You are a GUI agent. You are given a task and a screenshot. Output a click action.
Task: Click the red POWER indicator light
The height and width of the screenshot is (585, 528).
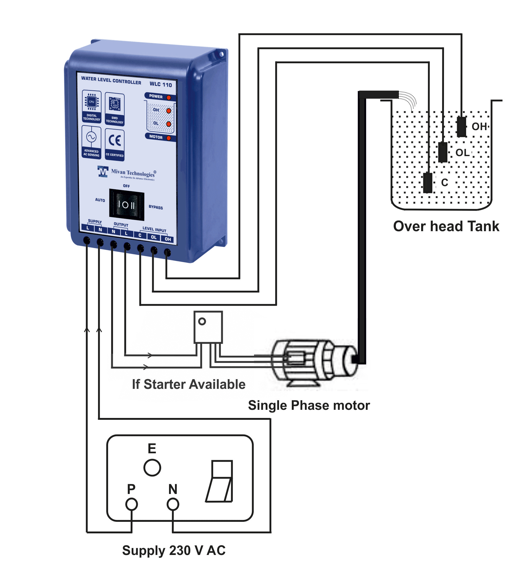pyautogui.click(x=169, y=98)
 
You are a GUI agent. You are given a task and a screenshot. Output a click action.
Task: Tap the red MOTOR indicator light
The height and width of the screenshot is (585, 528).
pyautogui.click(x=169, y=138)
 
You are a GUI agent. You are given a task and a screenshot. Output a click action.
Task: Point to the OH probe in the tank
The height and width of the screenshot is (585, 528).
pyautogui.click(x=461, y=127)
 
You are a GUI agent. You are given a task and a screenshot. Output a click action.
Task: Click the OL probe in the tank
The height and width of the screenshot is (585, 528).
pyautogui.click(x=442, y=152)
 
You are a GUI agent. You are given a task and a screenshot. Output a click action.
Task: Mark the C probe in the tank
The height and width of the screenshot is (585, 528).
pyautogui.click(x=427, y=183)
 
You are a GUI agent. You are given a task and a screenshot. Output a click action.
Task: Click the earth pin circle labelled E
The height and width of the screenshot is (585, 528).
pyautogui.click(x=152, y=468)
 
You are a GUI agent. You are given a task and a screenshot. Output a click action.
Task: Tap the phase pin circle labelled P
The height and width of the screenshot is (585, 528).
pyautogui.click(x=132, y=504)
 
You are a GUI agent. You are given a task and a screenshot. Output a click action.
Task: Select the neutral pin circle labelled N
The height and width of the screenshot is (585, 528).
pyautogui.click(x=173, y=504)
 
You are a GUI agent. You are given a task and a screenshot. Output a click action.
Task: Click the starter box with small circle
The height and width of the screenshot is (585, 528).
pyautogui.click(x=208, y=327)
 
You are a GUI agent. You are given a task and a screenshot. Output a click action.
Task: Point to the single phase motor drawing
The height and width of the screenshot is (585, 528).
pyautogui.click(x=312, y=363)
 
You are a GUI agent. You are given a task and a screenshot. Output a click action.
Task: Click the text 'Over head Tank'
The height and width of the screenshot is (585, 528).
pyautogui.click(x=446, y=226)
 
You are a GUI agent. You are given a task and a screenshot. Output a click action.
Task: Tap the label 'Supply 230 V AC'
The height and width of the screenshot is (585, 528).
pyautogui.click(x=174, y=550)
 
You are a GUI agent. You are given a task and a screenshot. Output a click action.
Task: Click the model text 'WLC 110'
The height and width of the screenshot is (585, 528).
pyautogui.click(x=161, y=84)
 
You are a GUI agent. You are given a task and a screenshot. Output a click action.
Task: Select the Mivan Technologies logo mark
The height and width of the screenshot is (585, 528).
pyautogui.click(x=103, y=172)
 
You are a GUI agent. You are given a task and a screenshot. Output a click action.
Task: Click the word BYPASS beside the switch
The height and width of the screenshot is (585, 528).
pyautogui.click(x=156, y=207)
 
